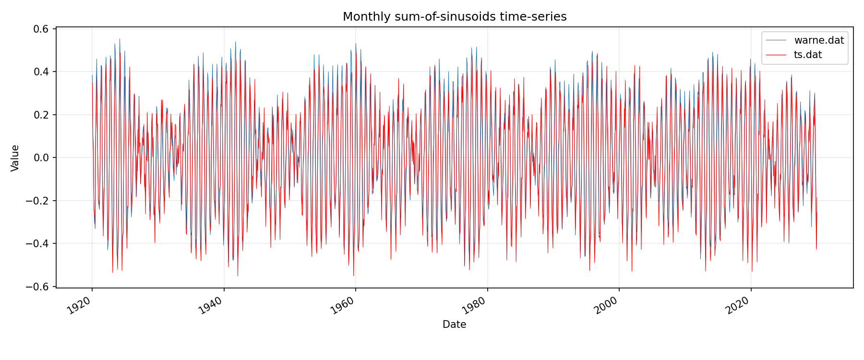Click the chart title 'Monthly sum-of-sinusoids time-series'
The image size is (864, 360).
click(455, 17)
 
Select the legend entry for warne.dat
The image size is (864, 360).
click(819, 40)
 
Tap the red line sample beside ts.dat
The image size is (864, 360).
click(776, 55)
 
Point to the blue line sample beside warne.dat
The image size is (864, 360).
click(776, 40)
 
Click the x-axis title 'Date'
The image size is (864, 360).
click(454, 324)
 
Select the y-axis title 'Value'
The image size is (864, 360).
click(15, 158)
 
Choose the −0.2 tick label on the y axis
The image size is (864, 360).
click(38, 201)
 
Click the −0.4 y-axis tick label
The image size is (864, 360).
click(38, 244)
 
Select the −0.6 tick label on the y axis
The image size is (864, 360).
click(38, 287)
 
